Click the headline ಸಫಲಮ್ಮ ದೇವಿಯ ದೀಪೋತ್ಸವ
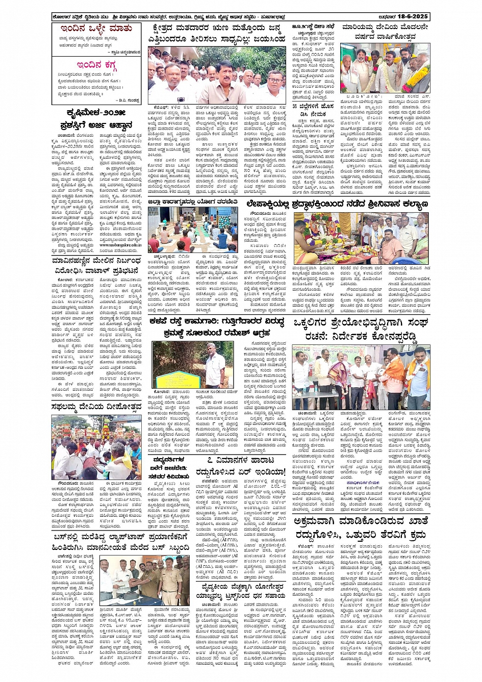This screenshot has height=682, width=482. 96,407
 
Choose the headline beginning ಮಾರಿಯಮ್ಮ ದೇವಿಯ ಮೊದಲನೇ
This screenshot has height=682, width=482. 385,27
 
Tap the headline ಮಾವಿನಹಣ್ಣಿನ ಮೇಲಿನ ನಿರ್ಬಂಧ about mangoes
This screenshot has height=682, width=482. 95,263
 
